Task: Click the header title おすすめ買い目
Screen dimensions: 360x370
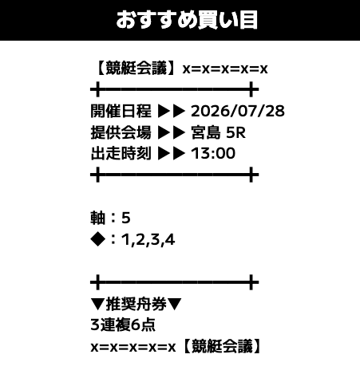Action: [187, 20]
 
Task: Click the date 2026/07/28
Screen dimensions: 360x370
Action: [238, 111]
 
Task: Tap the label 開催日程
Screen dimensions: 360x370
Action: [121, 111]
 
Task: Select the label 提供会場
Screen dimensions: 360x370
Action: [121, 132]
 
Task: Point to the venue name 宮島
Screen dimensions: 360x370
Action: [206, 132]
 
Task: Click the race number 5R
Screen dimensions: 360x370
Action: [235, 132]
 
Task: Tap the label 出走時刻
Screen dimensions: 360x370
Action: [121, 153]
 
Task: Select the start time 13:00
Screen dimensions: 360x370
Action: [213, 153]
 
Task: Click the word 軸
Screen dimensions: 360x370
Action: [98, 218]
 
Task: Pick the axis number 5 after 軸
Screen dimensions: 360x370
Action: [126, 218]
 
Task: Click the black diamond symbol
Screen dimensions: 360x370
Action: [98, 239]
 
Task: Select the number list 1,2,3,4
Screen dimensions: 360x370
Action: [148, 240]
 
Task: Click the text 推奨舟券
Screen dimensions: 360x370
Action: [136, 304]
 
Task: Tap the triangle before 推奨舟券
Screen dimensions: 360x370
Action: [97, 304]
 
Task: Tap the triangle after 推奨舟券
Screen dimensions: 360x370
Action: [175, 304]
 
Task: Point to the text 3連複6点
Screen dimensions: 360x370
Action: [123, 325]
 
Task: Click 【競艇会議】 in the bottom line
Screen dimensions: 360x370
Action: [222, 346]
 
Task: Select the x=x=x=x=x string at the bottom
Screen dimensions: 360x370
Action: [133, 347]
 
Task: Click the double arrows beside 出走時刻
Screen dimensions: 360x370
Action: [172, 153]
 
